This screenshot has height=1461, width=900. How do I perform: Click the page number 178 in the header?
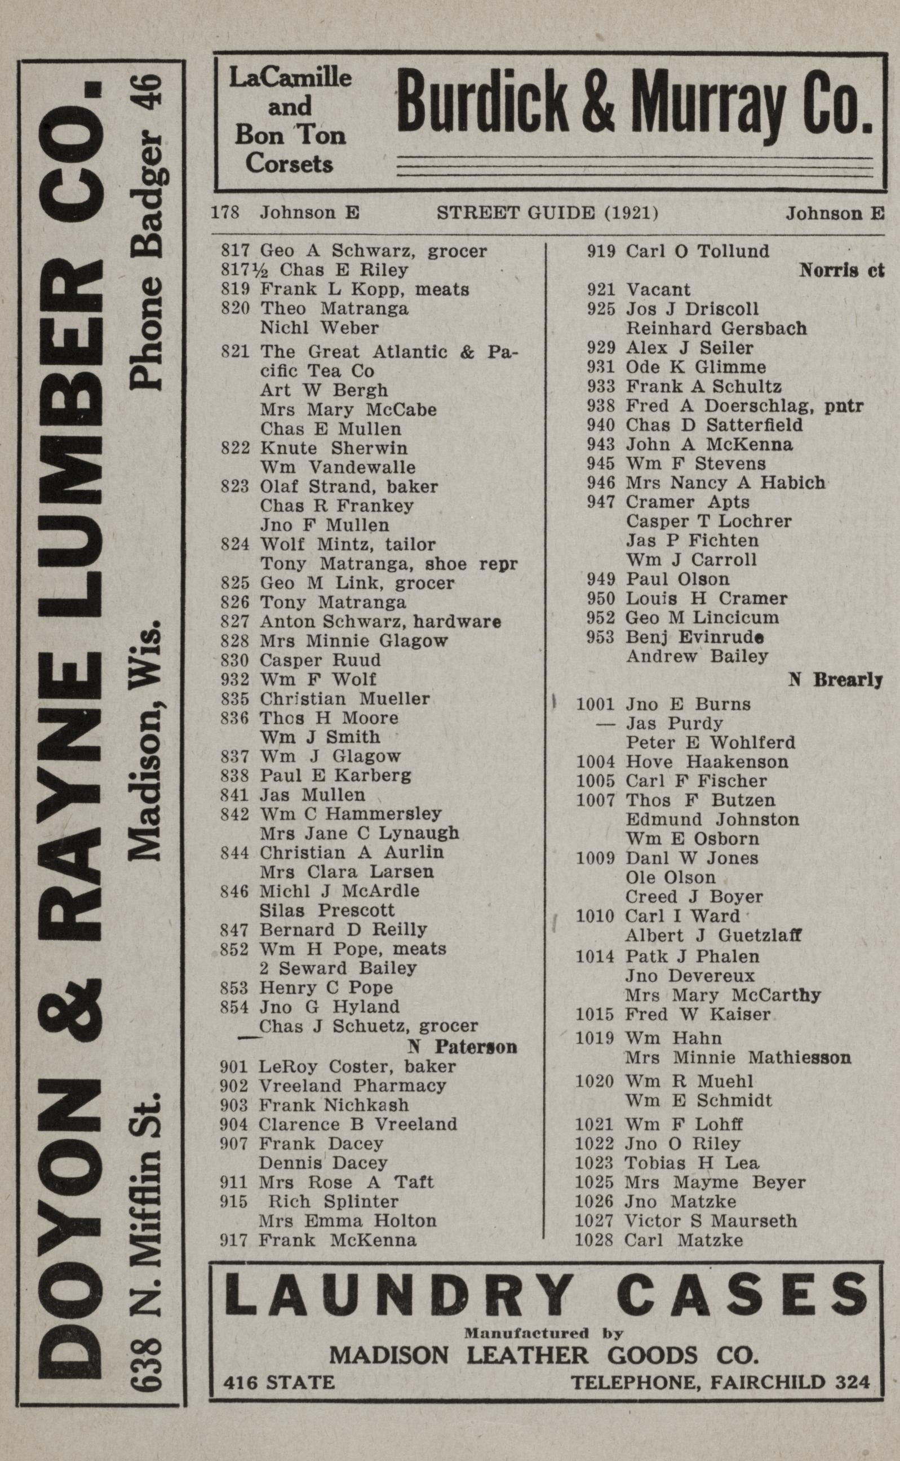(225, 212)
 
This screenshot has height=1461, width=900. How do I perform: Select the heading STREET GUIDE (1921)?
(547, 212)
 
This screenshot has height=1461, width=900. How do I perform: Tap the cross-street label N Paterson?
(462, 1047)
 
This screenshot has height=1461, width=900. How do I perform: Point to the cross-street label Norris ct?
(841, 271)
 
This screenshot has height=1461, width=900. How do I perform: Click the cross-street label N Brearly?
(835, 679)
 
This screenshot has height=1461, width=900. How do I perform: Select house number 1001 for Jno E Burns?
(595, 705)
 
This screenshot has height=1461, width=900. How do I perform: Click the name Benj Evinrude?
(695, 637)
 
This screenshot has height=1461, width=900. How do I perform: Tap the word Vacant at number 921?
(658, 290)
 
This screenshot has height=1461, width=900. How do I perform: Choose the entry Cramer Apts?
(687, 502)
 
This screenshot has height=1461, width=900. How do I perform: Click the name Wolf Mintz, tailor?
(348, 544)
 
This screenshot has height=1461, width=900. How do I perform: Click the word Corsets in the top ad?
(289, 163)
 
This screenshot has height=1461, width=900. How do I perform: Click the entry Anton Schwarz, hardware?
(380, 622)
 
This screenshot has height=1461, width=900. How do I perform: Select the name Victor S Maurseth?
(710, 1221)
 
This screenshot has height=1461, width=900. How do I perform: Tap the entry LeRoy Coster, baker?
(357, 1066)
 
